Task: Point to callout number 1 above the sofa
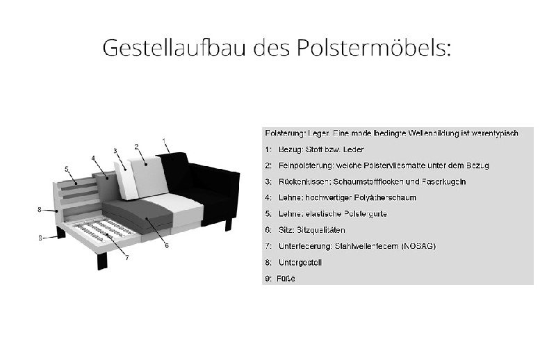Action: click(x=164, y=140)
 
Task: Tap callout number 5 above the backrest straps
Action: click(x=66, y=169)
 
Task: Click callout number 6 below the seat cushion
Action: click(x=167, y=245)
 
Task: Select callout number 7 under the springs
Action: click(x=126, y=257)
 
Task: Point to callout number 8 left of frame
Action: click(x=40, y=208)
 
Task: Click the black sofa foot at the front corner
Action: click(x=102, y=261)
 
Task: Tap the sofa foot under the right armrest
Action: click(x=227, y=224)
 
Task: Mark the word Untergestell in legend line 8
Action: click(x=300, y=263)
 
